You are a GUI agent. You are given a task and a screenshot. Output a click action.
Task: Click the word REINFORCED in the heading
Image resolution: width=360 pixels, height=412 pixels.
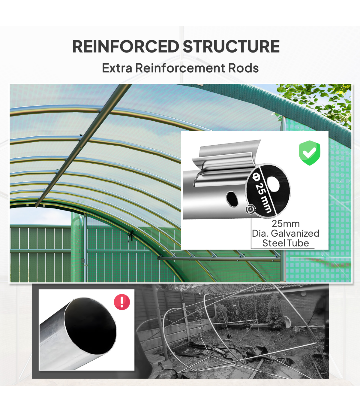click(x=125, y=46)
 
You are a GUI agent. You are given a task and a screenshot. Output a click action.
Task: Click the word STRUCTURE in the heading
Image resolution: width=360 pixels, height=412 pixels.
click(x=231, y=46)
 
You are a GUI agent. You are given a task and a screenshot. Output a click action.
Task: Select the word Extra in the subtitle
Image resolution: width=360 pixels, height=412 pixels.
click(x=117, y=68)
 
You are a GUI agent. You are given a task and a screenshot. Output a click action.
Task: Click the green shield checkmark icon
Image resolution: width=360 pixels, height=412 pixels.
click(x=309, y=153)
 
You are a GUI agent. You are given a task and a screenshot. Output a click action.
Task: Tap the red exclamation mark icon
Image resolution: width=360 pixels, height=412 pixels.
click(x=122, y=302)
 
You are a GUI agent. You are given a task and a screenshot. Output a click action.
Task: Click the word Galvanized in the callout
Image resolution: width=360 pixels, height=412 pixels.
click(x=295, y=233)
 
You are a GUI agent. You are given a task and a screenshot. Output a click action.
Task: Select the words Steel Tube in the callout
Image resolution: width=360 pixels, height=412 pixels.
click(x=286, y=243)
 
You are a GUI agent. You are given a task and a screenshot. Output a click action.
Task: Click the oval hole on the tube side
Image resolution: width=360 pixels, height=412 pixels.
click(x=232, y=199)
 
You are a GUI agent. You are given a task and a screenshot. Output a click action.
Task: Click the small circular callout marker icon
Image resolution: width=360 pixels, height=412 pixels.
click(x=250, y=209)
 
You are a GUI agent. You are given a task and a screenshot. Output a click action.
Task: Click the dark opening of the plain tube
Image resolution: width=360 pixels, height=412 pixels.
click(x=90, y=326)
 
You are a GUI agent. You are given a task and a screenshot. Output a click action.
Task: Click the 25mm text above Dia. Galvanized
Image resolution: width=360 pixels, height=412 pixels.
click(x=286, y=224)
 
